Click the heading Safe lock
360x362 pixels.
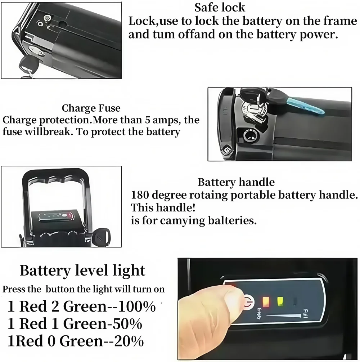[x=220, y=7]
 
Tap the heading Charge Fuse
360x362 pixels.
[x=91, y=108]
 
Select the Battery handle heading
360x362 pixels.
[x=236, y=182]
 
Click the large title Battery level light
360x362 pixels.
[x=82, y=271]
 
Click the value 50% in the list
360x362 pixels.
[x=126, y=324]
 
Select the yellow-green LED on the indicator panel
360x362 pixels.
[x=280, y=301]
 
